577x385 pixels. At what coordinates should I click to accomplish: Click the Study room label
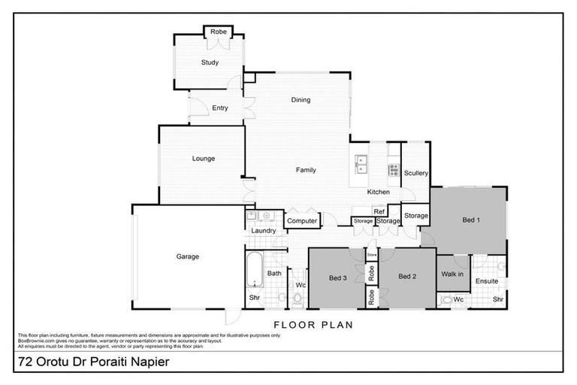(210, 62)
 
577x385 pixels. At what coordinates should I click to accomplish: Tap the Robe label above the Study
(219, 32)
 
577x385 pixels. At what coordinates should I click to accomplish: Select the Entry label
(219, 108)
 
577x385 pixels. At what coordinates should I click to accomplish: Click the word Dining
(301, 100)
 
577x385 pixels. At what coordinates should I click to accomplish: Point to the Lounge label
(204, 159)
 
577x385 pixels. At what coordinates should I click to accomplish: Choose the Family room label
(305, 170)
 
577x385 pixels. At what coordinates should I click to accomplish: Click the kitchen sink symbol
(362, 160)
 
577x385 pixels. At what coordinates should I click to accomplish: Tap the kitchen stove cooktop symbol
(393, 170)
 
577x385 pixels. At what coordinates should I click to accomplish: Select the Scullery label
(415, 174)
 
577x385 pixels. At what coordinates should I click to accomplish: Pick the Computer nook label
(302, 220)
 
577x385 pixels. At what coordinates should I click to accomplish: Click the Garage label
(187, 256)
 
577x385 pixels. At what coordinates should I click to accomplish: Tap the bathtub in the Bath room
(254, 271)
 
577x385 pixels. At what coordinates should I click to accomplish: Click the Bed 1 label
(470, 220)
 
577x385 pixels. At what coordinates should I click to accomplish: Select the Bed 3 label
(338, 277)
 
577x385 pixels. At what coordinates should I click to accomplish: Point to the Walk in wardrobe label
(452, 274)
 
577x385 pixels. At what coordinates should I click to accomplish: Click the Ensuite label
(487, 281)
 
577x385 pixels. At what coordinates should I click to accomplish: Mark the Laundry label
(264, 231)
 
